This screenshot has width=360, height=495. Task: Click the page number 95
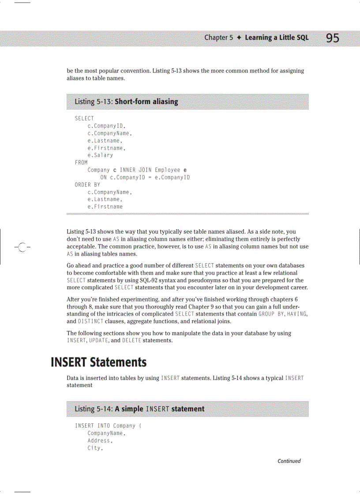[x=333, y=38]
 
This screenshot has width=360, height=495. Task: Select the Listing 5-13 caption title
[x=126, y=102]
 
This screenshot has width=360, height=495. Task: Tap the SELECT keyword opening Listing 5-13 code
[x=84, y=118]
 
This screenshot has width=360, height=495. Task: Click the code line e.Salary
[x=100, y=155]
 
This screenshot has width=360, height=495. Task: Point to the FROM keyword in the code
[x=81, y=163]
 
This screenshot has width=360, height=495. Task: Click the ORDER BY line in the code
[x=87, y=185]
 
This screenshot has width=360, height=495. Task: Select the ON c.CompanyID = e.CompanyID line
[x=145, y=178]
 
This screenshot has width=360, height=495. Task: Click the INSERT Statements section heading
[x=99, y=362]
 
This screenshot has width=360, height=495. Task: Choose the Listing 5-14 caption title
[x=139, y=409]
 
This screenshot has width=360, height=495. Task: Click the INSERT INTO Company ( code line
[x=108, y=426]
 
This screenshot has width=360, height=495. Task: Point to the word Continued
[x=289, y=461]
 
